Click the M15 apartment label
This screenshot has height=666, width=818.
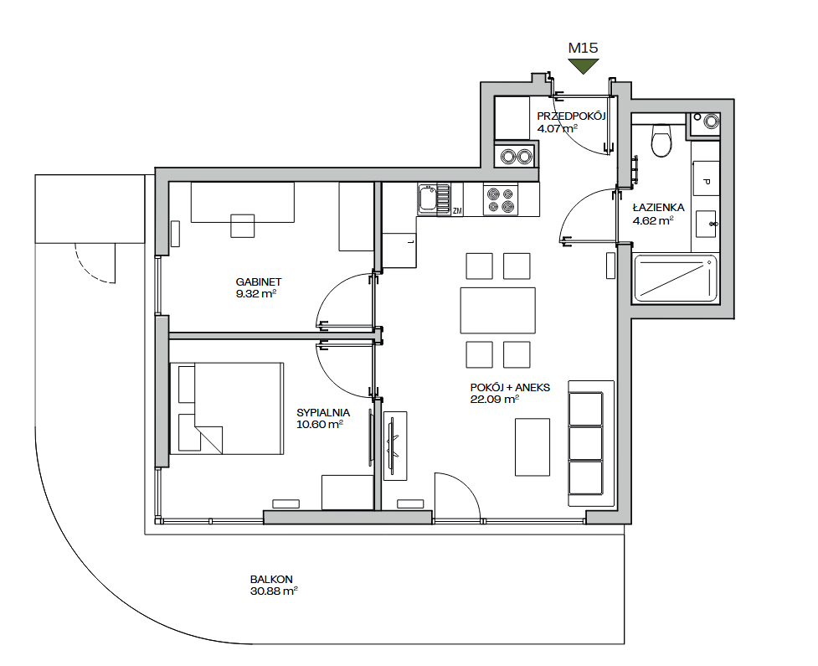point(583,48)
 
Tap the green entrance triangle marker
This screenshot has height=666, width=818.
point(584,66)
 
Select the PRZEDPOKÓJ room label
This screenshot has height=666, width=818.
point(571,116)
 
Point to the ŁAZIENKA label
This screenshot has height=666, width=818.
point(658,207)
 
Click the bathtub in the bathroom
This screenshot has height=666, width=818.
point(675,279)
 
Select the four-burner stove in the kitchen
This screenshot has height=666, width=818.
point(501,200)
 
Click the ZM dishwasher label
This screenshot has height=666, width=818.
point(457,211)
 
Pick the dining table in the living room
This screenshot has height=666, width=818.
point(497,311)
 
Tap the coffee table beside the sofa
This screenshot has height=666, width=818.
point(532,447)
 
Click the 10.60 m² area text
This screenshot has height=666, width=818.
point(319,425)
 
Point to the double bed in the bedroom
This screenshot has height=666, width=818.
point(227,408)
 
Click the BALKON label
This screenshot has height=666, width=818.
point(271,580)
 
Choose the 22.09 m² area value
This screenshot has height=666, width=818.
point(494,400)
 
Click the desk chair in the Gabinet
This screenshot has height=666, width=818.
point(243,225)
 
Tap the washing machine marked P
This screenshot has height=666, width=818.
point(706,178)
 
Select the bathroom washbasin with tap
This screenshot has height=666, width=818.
point(706,224)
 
